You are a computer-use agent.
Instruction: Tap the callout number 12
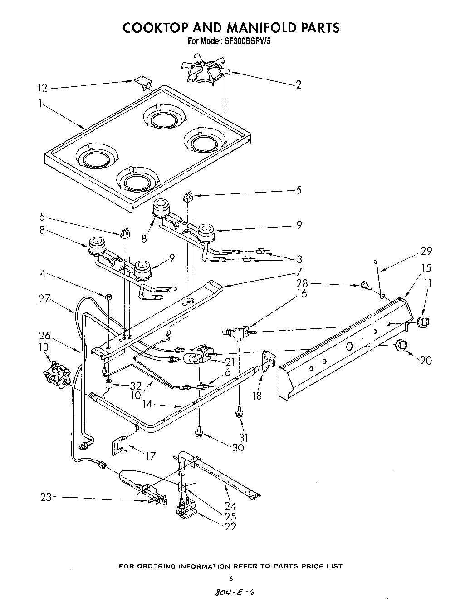42,88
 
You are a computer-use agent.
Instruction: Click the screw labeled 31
238,412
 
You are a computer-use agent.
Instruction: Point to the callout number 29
426,251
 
